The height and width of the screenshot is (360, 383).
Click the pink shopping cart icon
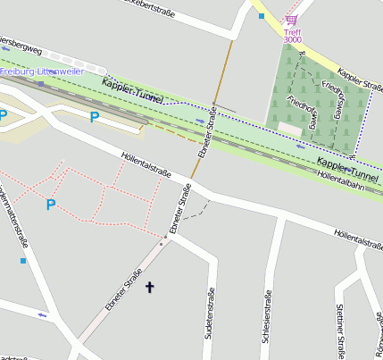(x=291, y=20)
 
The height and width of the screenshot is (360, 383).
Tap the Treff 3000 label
(x=292, y=36)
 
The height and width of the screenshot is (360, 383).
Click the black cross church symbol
(x=150, y=287)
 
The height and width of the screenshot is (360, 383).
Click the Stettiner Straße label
(x=340, y=330)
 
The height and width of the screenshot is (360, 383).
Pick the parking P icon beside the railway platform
(x=95, y=116)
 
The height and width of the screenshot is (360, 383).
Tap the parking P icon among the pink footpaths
(x=51, y=205)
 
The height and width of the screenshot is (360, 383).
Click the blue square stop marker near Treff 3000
(x=262, y=16)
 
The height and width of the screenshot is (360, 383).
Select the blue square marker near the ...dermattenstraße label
(x=23, y=261)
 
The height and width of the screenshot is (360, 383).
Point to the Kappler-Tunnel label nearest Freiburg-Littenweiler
(x=132, y=90)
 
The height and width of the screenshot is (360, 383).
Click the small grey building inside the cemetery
(x=290, y=129)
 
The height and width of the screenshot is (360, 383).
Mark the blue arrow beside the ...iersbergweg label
(x=6, y=49)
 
